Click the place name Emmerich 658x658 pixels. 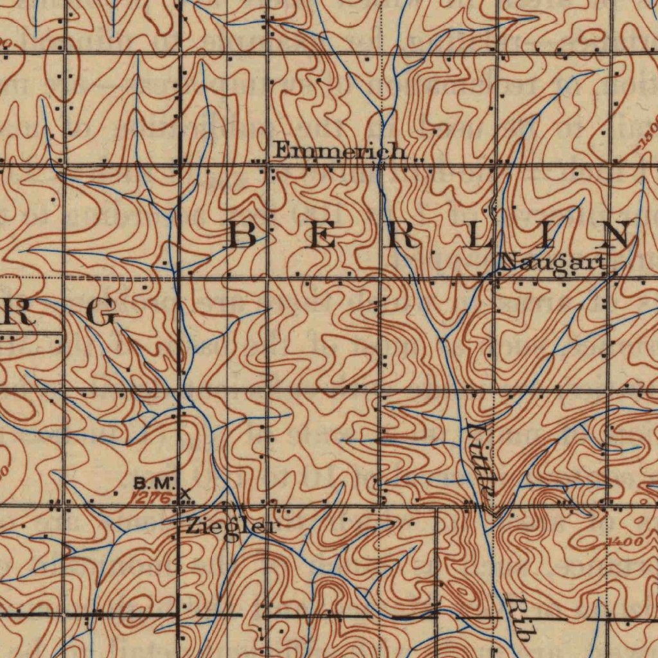[341, 152]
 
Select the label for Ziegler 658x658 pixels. [232, 527]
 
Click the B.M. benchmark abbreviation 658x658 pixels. [154, 482]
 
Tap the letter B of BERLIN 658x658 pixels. [244, 235]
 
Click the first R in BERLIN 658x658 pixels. [405, 235]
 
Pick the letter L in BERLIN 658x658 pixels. [483, 235]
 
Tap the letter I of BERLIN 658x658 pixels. [547, 235]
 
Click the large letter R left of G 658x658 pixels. [15, 314]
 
